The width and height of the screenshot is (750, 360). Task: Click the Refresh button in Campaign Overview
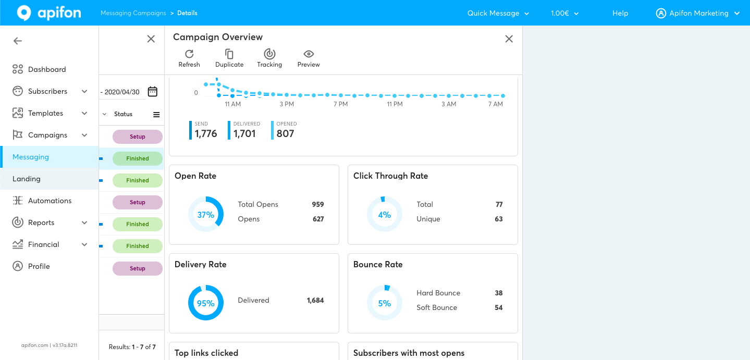point(189,58)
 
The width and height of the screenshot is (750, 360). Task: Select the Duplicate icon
point(229,58)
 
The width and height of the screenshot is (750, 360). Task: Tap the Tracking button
point(269,58)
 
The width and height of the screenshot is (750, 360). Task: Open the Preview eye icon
point(309,54)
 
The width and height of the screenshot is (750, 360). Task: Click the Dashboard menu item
point(47,69)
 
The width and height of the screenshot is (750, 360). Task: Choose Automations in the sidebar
point(50,201)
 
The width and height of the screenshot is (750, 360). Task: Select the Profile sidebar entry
point(39,266)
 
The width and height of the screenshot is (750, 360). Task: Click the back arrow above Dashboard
point(18,41)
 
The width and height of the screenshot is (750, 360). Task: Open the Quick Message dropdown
point(498,13)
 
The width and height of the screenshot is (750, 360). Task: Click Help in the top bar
point(620,13)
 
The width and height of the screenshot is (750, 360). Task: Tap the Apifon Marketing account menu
point(698,13)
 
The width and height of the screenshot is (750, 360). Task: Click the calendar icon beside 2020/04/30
point(153,92)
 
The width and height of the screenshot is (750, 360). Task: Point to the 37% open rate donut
point(206,214)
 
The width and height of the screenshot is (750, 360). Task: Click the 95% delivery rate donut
point(206,303)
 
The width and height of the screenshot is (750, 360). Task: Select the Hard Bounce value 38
point(499,293)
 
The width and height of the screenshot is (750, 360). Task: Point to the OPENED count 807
point(285,133)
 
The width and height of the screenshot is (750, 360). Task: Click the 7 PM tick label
point(340,104)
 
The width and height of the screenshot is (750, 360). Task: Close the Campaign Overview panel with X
point(509,39)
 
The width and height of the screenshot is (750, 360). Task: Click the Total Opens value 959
point(318,204)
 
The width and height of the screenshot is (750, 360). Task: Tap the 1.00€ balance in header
point(564,13)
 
